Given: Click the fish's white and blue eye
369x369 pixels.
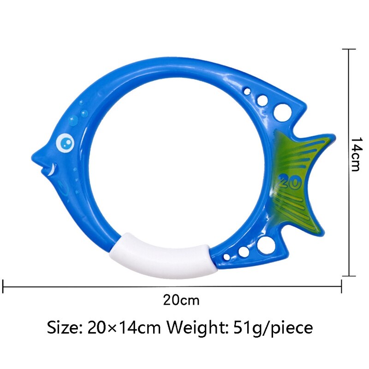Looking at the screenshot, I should (66, 143).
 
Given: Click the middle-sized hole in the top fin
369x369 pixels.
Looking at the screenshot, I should (262, 100).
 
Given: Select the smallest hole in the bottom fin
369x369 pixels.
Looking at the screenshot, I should (226, 256).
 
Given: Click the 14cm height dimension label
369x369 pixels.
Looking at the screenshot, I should (356, 155).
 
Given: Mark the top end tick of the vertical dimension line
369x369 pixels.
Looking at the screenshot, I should (348, 49).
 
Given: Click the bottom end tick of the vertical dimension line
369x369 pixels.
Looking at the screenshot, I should (348, 276).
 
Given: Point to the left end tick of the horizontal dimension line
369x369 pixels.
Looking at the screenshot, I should (4, 286).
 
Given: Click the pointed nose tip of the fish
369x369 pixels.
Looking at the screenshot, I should (32, 152).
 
